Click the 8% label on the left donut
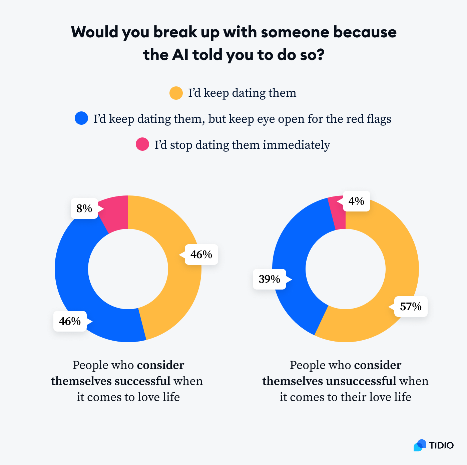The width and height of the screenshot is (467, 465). point(84,208)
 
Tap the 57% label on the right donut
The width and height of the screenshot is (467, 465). point(411,306)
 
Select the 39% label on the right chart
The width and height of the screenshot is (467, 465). point(269,279)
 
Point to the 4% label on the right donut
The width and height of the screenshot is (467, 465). point(356,201)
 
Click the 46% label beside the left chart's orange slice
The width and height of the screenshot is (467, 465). point(201,255)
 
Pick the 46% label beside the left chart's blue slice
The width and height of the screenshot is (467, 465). point(70,321)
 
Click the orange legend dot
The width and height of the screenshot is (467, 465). point(176,93)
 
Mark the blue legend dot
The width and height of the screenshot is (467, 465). point(81,118)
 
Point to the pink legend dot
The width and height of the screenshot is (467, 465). point(142,144)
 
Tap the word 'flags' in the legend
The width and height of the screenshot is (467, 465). point(379,119)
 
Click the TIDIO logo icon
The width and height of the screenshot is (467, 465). point(420,445)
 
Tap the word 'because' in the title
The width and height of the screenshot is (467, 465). point(365,32)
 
